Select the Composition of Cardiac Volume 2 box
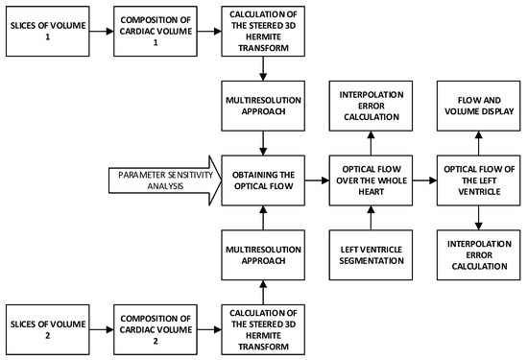tap(153, 325)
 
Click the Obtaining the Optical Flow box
tap(262, 179)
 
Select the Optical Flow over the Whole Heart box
tap(372, 179)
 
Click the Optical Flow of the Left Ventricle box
tap(480, 179)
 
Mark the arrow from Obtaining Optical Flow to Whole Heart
tap(317, 179)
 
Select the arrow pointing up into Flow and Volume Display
tap(480, 140)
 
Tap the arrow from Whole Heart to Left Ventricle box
tap(425, 179)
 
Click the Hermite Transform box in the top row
tap(262, 29)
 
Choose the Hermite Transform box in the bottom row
tap(262, 325)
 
